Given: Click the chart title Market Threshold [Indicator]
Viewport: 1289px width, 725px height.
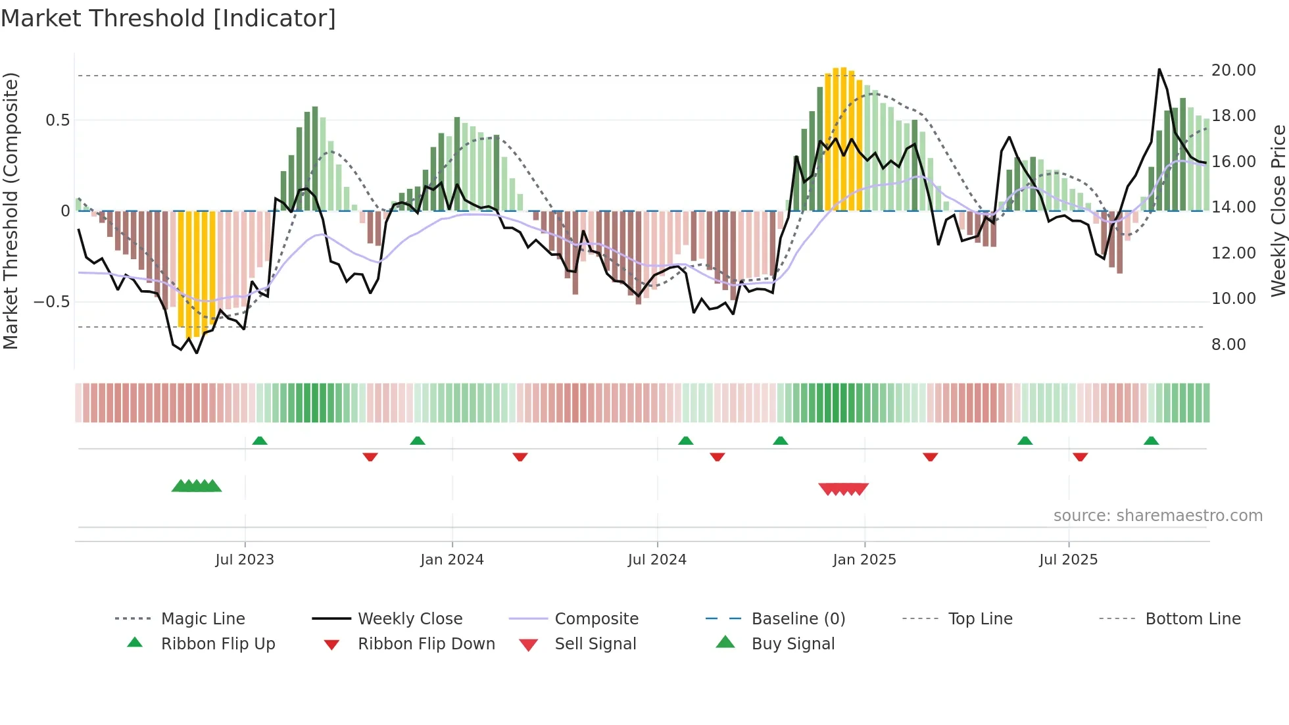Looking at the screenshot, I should [168, 18].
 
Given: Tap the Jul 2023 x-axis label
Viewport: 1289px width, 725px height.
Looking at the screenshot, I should [245, 560].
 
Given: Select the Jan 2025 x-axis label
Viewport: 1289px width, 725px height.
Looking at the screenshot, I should [864, 560].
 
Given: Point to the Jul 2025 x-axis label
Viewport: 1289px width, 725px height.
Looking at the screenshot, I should [1069, 560].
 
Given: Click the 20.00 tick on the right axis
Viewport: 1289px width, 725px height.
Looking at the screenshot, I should [1233, 70].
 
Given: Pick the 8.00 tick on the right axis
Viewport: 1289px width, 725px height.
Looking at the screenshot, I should [1228, 345].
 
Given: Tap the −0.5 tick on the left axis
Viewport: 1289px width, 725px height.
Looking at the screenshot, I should [51, 302].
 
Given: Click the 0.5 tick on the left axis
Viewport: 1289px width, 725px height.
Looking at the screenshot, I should [57, 120].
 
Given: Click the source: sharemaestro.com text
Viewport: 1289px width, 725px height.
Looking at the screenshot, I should [1157, 516].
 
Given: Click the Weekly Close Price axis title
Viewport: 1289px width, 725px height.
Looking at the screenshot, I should [1278, 211].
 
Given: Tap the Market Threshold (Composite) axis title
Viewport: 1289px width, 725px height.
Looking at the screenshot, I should [11, 211].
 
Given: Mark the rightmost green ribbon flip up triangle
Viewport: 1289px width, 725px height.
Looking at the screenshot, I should [1151, 441].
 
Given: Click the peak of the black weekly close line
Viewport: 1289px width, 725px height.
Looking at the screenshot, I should [1159, 69].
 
